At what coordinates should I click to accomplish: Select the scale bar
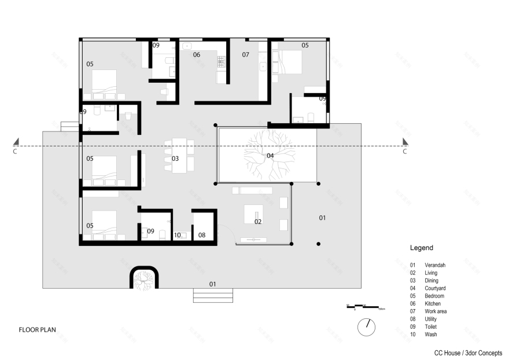362,307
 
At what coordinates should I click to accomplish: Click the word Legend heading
421,248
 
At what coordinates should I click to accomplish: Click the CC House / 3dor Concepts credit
469,352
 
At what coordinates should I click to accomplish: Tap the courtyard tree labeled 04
267,156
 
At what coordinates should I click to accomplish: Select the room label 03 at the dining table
175,158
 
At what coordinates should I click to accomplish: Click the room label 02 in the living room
258,222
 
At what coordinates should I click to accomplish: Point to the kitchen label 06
196,55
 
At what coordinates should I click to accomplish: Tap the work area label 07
245,55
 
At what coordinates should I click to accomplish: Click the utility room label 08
201,235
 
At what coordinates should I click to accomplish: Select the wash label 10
178,236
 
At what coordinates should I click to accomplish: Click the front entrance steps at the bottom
213,296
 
